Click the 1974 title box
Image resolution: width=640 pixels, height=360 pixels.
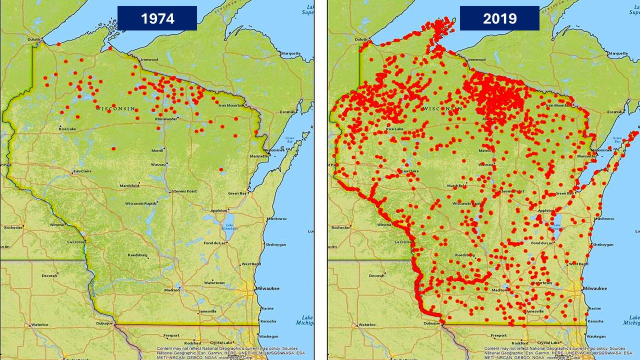(x=157, y=18)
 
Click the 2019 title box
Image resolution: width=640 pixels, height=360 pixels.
(x=499, y=18)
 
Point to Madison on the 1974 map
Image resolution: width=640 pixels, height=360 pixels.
(x=172, y=290)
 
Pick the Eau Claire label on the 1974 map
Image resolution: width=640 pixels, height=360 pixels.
(x=83, y=171)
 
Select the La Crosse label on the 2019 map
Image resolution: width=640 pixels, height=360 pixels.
(x=403, y=242)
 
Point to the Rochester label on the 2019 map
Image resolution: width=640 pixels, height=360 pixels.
(x=341, y=227)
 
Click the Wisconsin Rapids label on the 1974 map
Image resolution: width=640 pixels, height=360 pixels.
(x=140, y=203)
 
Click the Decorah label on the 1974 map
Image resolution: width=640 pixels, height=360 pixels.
(x=49, y=275)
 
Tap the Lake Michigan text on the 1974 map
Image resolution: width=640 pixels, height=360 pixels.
(x=304, y=320)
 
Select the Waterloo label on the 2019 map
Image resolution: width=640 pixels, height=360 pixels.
(x=367, y=324)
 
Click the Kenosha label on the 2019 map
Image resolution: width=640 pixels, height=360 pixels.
(x=595, y=321)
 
